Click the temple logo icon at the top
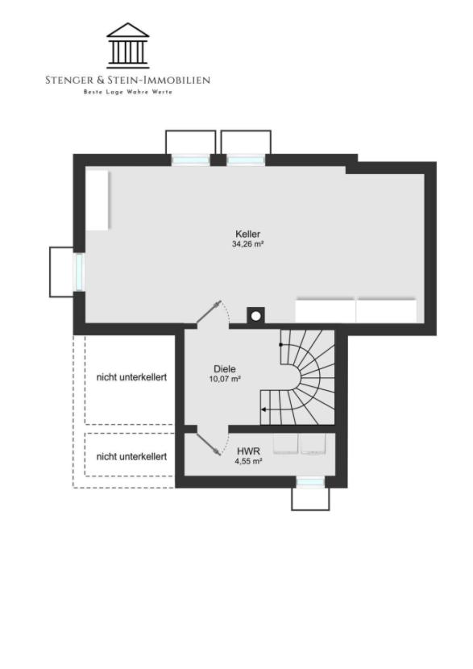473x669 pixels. [128, 45]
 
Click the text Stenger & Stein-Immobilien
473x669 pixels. [128, 80]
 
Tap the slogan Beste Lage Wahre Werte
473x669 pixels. [128, 92]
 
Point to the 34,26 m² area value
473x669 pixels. [247, 243]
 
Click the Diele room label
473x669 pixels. [225, 369]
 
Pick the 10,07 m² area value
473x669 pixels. [225, 379]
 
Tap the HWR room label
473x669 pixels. [248, 451]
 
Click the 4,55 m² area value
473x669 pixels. [248, 462]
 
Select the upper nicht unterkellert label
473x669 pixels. [131, 377]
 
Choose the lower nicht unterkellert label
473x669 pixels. [131, 456]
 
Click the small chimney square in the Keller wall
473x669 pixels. [255, 315]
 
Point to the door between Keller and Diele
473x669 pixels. [210, 313]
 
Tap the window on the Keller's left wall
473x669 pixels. [79, 272]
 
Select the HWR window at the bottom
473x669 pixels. [310, 482]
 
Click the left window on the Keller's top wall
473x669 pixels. [191, 160]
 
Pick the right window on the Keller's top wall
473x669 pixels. [246, 160]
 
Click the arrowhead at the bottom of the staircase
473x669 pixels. [265, 410]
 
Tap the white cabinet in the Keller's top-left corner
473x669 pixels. [98, 200]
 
